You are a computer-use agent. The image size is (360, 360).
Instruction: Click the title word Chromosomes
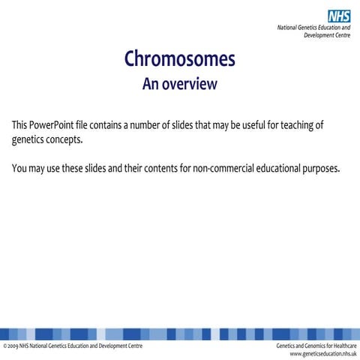click(x=179, y=58)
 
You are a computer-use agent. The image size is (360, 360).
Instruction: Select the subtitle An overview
click(x=179, y=84)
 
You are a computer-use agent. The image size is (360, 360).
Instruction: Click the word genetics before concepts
click(x=29, y=139)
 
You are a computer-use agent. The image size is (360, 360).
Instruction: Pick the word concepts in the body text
click(x=65, y=139)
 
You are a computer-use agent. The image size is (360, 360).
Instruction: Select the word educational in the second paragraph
click(x=279, y=168)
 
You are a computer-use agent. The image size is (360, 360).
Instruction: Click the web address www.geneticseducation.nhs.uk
click(x=317, y=353)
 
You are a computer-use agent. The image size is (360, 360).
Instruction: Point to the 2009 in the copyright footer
click(x=13, y=346)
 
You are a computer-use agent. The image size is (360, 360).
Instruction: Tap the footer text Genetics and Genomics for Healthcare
click(x=316, y=346)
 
